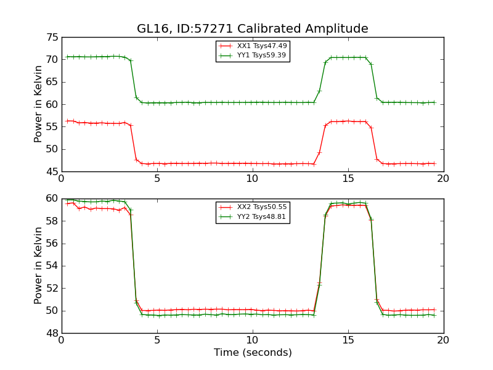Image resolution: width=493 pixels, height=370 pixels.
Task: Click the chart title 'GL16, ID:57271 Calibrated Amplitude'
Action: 252,29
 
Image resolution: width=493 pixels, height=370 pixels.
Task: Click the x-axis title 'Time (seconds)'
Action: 253,353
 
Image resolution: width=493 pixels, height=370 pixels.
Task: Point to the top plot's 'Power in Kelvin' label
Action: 38,104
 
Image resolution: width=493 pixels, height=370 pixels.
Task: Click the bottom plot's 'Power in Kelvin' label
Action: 38,266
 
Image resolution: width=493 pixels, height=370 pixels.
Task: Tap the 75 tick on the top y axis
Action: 52,38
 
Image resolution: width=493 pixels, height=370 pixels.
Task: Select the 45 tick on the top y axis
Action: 52,171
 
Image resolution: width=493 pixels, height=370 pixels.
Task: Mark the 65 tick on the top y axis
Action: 52,82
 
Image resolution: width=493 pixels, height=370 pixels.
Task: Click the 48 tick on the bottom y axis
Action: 52,333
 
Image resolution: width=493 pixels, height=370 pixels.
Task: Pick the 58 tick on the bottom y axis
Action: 52,221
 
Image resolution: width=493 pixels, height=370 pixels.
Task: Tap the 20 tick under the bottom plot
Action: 443,340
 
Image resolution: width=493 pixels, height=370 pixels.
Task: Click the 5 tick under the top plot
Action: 157,179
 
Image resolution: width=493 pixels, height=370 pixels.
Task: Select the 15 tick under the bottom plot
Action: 348,340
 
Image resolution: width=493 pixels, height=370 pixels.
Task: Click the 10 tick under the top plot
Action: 252,179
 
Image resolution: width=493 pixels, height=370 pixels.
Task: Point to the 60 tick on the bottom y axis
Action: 52,199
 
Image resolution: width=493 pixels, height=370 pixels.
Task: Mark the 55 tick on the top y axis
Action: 52,127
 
